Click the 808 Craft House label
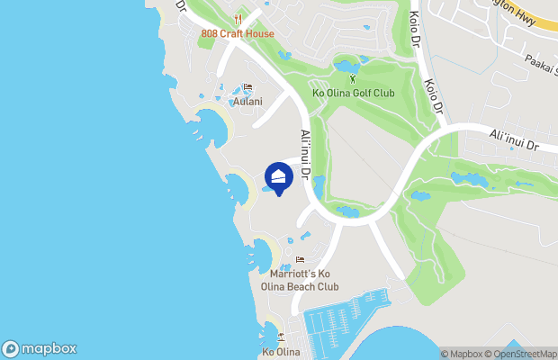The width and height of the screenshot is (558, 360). pos(238,34)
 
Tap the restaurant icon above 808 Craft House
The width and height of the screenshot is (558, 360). pos(238,19)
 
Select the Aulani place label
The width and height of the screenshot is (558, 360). pos(247,102)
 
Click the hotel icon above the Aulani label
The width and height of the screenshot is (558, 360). pos(247,87)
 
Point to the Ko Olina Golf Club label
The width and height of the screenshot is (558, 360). pos(352,93)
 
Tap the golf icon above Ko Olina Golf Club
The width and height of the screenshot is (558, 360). pos(352,78)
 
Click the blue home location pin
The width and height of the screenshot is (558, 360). pos(279,175)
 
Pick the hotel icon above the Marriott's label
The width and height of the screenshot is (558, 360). pos(300,261)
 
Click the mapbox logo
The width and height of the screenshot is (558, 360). pos(40,349)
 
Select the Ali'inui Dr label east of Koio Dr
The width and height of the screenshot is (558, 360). pos(513,139)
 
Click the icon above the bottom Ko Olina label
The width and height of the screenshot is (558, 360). pos(281,337)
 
